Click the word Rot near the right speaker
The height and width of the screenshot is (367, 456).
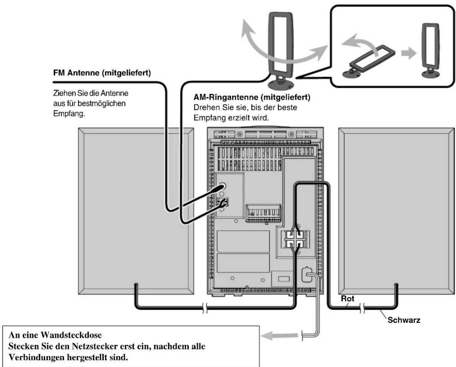(348, 298)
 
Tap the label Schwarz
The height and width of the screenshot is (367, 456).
(404, 320)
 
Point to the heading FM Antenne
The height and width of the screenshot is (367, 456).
(76, 73)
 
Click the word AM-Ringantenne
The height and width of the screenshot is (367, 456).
(226, 97)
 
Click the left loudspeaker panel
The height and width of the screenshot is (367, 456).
(136, 211)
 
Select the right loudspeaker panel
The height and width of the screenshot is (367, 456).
(397, 211)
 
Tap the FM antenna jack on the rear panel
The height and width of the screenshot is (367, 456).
(222, 186)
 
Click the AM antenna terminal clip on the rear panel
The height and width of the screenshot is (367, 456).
(223, 202)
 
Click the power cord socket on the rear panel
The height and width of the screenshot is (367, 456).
(306, 274)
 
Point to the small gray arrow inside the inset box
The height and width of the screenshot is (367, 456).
(409, 53)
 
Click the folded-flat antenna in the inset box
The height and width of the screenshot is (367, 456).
(369, 61)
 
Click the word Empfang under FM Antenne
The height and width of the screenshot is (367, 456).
(69, 114)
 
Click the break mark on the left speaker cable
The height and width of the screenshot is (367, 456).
(205, 308)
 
